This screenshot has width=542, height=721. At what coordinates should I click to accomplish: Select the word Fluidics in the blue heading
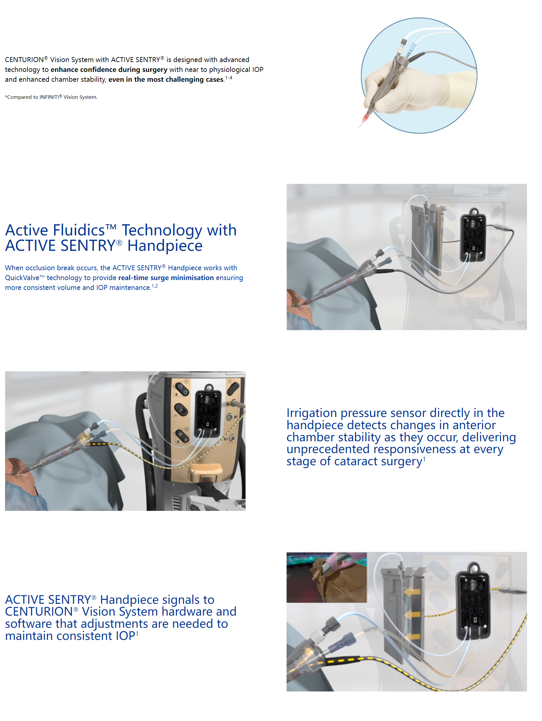79,230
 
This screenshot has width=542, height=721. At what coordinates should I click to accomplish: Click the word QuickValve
22,278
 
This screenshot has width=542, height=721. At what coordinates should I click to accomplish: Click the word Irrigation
312,413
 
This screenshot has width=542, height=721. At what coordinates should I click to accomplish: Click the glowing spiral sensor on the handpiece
84,438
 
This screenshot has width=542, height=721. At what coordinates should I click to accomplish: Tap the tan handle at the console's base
206,472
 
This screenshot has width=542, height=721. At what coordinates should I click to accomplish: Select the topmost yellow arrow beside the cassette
412,592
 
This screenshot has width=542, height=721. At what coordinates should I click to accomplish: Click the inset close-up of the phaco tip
326,577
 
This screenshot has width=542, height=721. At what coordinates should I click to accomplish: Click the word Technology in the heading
162,230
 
